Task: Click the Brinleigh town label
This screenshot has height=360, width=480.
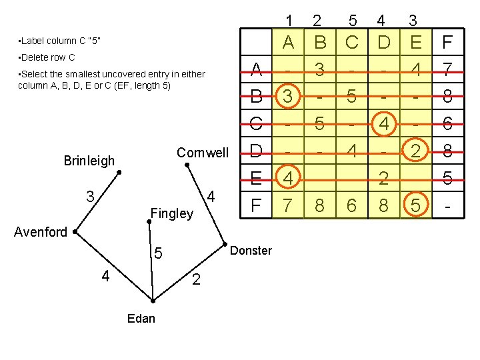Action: pos(89,161)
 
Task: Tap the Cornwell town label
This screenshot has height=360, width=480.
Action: pos(202,153)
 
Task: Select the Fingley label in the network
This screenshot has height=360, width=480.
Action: pos(172,214)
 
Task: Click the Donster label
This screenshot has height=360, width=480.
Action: pos(251,251)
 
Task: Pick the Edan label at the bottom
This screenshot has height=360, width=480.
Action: pos(141,318)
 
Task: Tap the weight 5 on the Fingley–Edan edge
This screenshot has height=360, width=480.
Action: pos(158,254)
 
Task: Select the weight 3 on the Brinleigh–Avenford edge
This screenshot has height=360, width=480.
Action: pos(89,197)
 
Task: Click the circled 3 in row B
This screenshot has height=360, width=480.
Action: pos(287,97)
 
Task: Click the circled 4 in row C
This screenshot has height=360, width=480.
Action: pos(383,124)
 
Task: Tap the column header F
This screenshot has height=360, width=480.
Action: pos(447,43)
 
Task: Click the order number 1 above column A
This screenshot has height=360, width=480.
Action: pos(289,20)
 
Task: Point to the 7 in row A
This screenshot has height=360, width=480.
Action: pos(447,69)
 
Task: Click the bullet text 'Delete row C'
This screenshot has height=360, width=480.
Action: pos(47,57)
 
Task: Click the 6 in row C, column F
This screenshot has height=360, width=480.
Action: pos(447,124)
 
